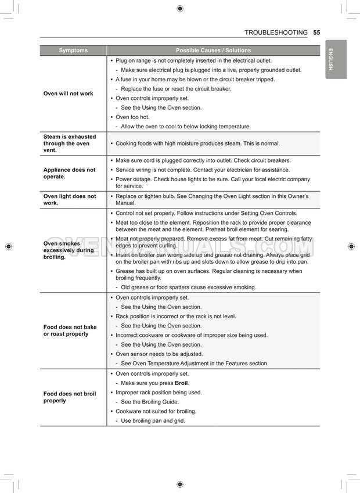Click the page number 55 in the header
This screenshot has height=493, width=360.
[x=316, y=33]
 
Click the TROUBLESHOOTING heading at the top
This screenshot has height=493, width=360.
[x=276, y=33]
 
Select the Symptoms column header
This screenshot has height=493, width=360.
[x=73, y=51]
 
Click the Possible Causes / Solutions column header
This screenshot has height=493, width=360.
[x=213, y=51]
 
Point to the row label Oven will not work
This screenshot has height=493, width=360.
[x=68, y=93]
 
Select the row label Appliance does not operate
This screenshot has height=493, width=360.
[x=69, y=174]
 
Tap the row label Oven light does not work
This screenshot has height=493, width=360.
[x=70, y=200]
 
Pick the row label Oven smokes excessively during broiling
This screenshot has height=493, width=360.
[x=69, y=250]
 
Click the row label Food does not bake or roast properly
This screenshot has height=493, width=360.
[x=70, y=330]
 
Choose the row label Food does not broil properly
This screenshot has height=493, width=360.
[x=70, y=397]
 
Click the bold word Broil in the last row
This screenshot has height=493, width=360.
[x=181, y=383]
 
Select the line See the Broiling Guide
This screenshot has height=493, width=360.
[x=150, y=402]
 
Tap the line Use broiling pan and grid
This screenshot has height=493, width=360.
[x=153, y=420]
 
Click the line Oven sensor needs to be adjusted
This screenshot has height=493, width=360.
[x=159, y=354]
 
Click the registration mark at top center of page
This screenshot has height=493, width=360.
[x=180, y=8]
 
